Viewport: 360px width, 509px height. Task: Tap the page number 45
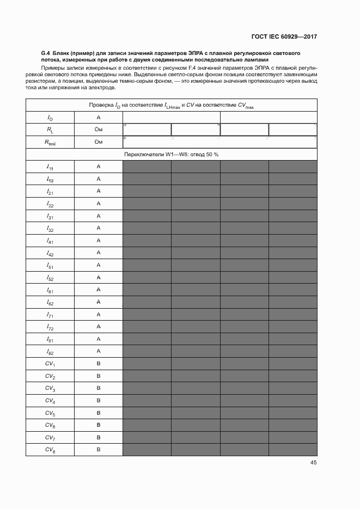tap(313, 463)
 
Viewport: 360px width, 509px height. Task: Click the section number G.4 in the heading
tap(45, 53)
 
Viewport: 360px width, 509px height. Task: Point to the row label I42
tap(50, 253)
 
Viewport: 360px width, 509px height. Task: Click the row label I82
tap(50, 352)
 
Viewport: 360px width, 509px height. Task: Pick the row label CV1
tap(50, 364)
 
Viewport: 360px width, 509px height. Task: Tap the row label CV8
tap(50, 450)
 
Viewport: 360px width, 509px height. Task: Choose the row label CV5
tap(50, 413)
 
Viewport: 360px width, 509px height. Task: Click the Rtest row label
tap(50, 142)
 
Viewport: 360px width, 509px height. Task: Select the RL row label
tap(50, 130)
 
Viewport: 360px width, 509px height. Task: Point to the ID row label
tap(50, 118)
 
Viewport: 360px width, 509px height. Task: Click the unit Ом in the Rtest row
tap(99, 142)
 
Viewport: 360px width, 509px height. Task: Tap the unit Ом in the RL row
tap(99, 130)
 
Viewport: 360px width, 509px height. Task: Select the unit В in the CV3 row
tap(99, 388)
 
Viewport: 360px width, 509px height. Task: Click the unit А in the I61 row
tap(99, 290)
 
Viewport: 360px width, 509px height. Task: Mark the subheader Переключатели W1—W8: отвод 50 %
tap(171, 155)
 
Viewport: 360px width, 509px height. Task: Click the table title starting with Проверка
tap(171, 105)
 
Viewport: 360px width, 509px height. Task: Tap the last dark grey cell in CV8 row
tap(292, 450)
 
